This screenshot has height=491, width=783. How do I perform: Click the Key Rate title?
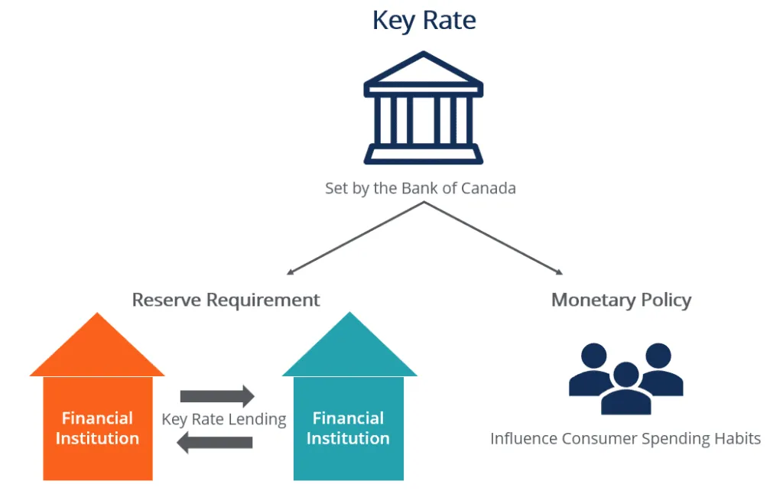pyautogui.click(x=424, y=21)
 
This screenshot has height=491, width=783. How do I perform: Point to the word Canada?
pyautogui.click(x=489, y=188)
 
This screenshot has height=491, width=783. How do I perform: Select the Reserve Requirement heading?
pyautogui.click(x=226, y=299)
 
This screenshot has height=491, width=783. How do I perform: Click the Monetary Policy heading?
pyautogui.click(x=621, y=299)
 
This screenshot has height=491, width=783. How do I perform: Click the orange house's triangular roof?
pyautogui.click(x=97, y=349)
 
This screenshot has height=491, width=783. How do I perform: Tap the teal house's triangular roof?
pyautogui.click(x=349, y=349)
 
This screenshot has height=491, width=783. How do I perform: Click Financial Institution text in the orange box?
pyautogui.click(x=97, y=428)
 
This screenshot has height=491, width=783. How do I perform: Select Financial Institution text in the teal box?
pyautogui.click(x=348, y=428)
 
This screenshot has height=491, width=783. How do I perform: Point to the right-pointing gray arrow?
pyautogui.click(x=217, y=396)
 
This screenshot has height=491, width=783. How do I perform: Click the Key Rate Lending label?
pyautogui.click(x=224, y=419)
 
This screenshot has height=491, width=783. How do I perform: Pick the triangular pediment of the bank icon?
pyautogui.click(x=423, y=71)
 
